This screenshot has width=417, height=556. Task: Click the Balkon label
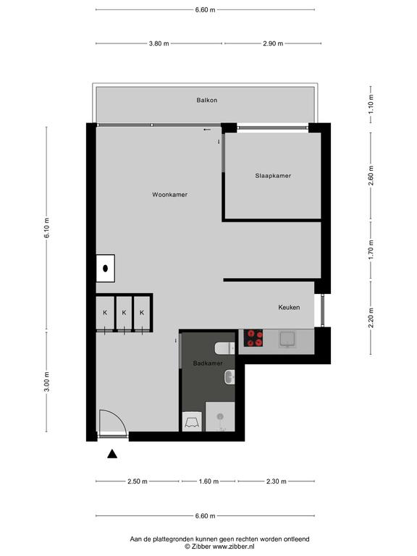pos(207,101)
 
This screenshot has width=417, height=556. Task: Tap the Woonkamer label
pos(170,195)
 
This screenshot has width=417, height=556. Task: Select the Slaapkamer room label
pos(273,175)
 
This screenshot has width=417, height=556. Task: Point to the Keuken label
pos(289,308)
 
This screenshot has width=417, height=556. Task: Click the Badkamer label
pos(208,363)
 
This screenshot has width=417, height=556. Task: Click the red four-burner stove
pos(253,338)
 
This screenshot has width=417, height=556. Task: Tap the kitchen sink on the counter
pos(287,340)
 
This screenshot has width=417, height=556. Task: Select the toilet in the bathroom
pos(225,348)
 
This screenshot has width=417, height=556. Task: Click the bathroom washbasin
pos(229,377)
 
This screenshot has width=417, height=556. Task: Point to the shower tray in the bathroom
pos(220,417)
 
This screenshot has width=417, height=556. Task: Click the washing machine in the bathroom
pos(192,421)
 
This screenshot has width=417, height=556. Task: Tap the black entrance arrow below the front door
pos(112,453)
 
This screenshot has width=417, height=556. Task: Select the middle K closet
pos(124,313)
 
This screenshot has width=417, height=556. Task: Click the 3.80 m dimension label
pos(159,43)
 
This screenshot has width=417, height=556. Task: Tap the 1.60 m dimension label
pos(208,481)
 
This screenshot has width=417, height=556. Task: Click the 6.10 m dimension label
pos(47,228)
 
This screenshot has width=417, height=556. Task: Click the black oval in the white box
pos(105,269)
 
